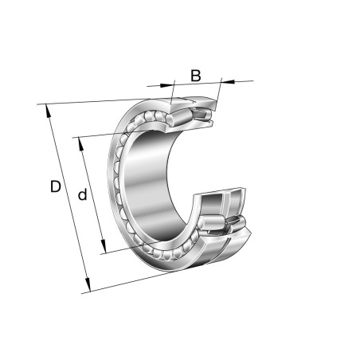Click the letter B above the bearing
pyautogui.click(x=195, y=76)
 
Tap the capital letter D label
pyautogui.click(x=55, y=187)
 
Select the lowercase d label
pyautogui.click(x=82, y=194)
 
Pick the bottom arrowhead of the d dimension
pyautogui.click(x=103, y=249)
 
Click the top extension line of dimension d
pyautogui.click(x=104, y=133)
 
